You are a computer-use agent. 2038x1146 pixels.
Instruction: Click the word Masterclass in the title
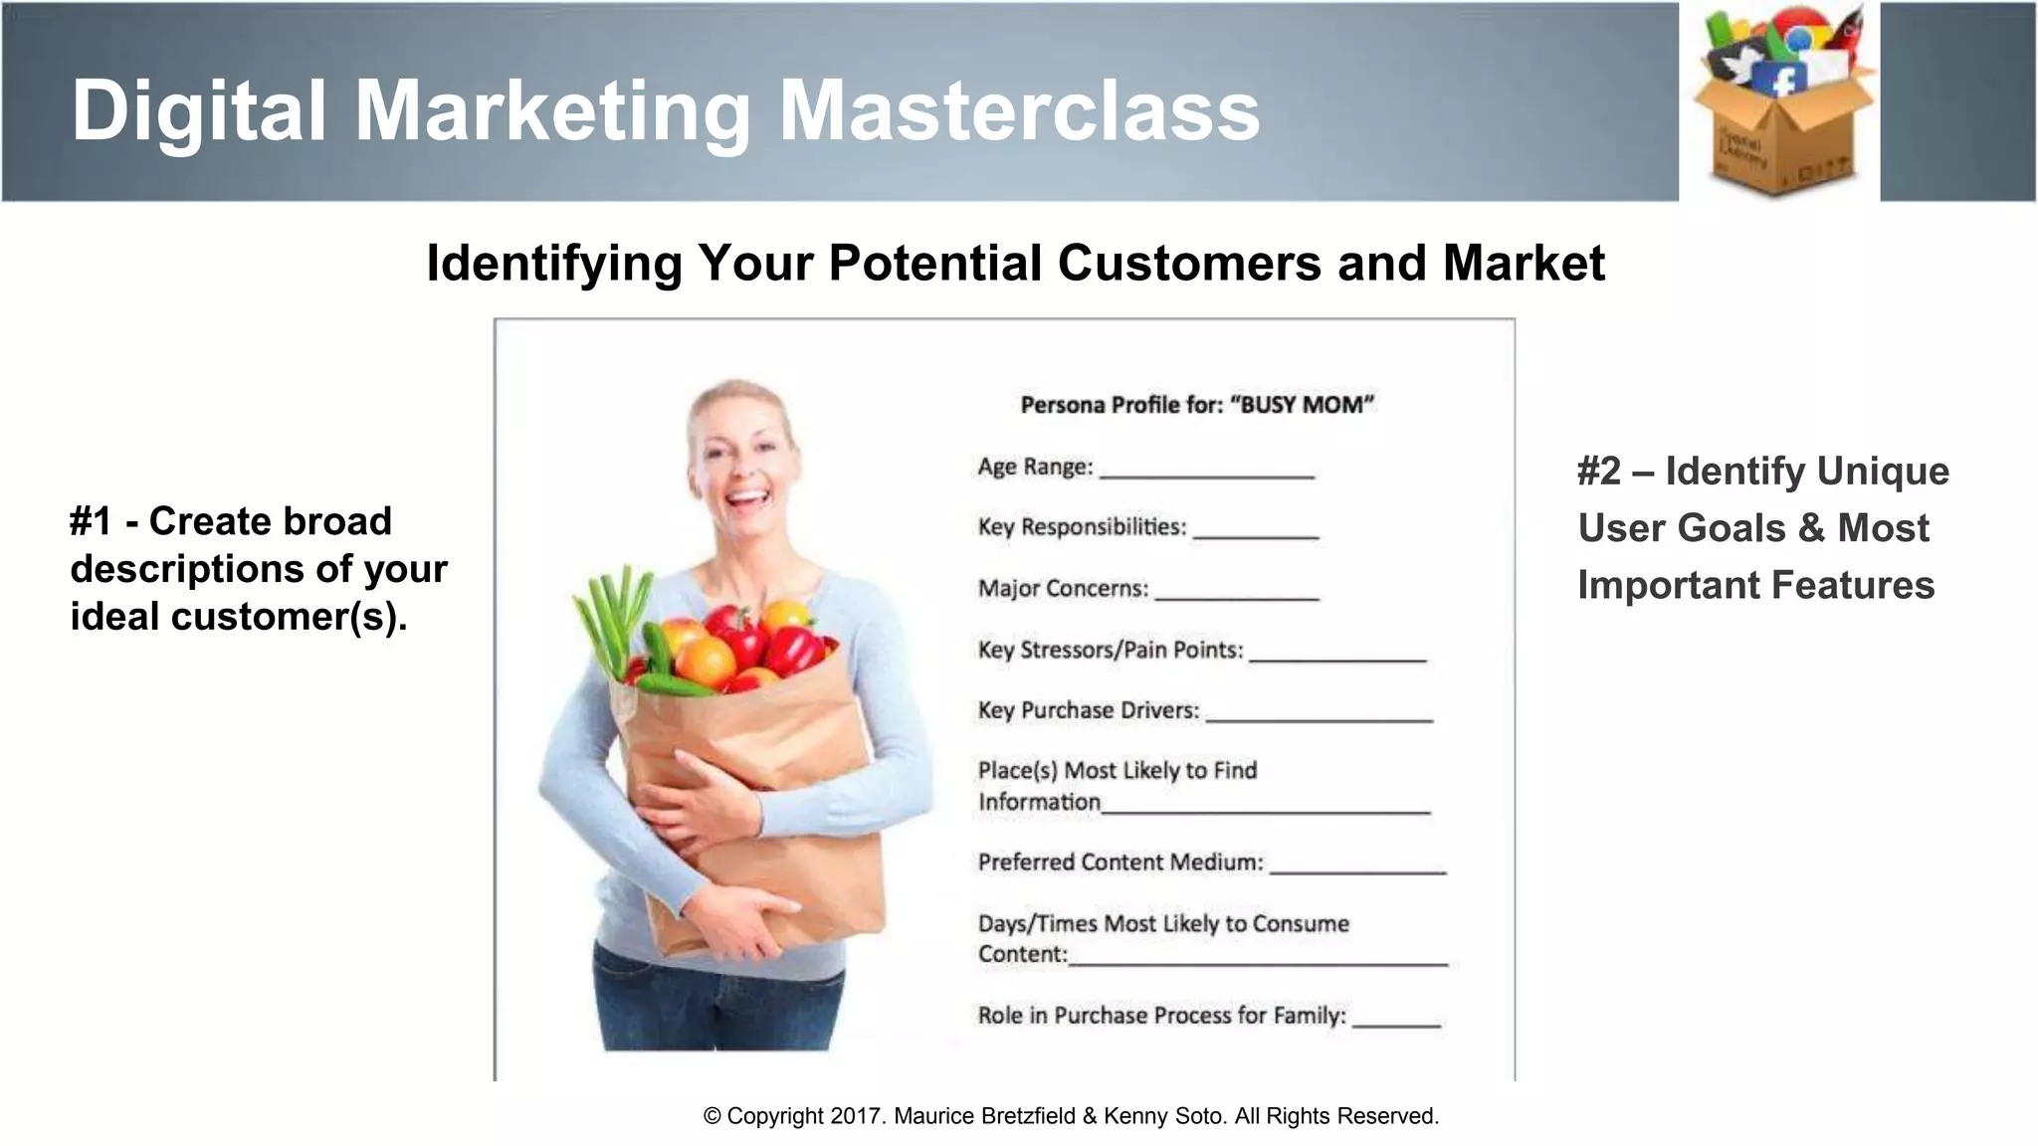(1019, 110)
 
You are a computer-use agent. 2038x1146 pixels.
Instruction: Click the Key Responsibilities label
(1082, 527)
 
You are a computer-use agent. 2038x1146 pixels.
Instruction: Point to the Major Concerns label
(1063, 589)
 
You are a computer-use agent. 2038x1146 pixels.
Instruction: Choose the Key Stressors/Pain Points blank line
(1337, 658)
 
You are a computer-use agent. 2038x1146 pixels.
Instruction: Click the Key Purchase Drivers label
(1088, 710)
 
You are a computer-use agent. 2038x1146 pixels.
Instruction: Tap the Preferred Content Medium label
(1120, 862)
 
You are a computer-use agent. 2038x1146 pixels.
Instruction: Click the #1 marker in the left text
(91, 521)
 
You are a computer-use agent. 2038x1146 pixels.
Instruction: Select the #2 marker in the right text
(1598, 472)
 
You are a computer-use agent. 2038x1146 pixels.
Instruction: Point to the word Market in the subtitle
(1523, 264)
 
